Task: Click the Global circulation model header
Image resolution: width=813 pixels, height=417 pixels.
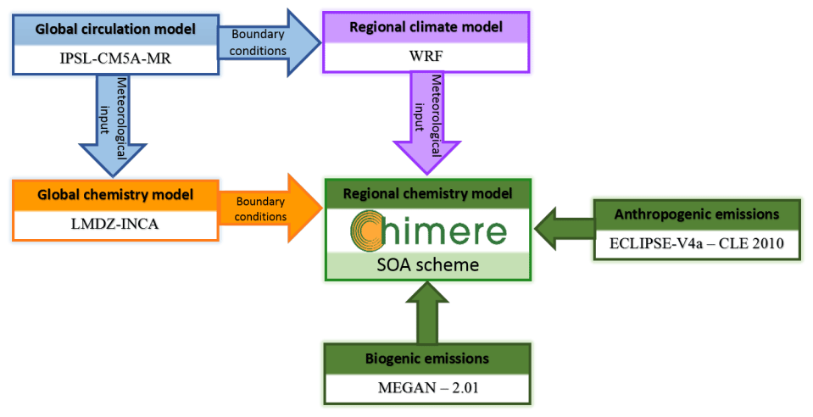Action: point(115,28)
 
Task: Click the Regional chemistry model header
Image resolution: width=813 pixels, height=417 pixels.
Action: point(427,193)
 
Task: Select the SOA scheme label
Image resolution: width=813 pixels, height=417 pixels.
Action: point(427,265)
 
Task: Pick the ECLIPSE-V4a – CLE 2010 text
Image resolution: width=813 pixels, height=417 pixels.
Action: point(696,245)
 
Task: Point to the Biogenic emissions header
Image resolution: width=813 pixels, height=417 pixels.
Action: point(427,359)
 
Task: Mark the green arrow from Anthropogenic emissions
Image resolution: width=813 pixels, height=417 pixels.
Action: point(563,229)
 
